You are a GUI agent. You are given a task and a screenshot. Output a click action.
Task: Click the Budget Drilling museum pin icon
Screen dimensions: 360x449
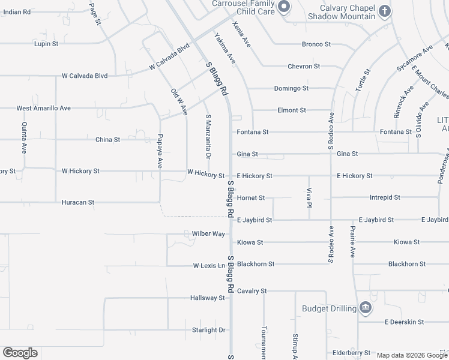364,308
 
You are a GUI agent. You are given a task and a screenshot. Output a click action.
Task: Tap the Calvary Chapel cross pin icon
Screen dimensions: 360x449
385,11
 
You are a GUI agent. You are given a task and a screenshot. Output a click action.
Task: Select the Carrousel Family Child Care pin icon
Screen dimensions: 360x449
285,7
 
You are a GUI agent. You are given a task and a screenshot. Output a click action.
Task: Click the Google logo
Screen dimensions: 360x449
20,353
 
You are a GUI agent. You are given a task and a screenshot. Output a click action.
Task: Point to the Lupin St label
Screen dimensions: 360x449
46,44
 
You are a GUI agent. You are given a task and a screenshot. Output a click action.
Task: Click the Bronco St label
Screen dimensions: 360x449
316,44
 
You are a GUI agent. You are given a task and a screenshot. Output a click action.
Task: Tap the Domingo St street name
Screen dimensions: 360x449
291,88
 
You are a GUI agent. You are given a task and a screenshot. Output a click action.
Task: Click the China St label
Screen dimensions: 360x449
107,139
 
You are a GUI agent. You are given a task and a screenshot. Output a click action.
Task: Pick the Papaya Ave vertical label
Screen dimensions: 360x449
160,151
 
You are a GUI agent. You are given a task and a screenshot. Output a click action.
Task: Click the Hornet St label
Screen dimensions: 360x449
251,197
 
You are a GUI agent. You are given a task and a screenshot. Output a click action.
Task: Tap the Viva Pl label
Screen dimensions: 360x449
309,196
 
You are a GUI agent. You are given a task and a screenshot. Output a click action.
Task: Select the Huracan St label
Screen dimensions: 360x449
78,203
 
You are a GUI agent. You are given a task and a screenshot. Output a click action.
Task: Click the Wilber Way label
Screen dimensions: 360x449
208,233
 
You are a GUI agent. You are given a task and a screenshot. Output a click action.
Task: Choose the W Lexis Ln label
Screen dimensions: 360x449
209,265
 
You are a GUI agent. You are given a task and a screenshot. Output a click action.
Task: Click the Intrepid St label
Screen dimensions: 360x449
385,197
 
